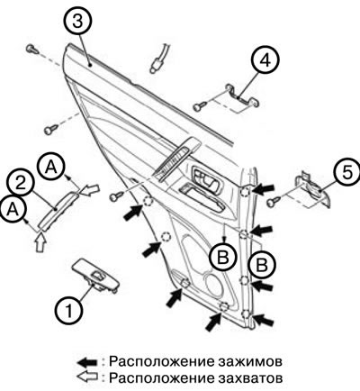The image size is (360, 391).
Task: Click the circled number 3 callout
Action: coord(78,22)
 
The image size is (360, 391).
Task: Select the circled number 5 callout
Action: coord(346,172)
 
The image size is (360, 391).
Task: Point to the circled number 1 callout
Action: coord(69,311)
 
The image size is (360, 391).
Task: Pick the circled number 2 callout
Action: coord(21,184)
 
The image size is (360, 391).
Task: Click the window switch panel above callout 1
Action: coord(95,276)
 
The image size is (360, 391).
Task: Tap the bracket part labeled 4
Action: coord(242,95)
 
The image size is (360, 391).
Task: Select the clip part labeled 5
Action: coord(313,189)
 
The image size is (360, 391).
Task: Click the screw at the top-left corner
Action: coord(32,49)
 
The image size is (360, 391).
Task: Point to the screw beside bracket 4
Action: coord(200,106)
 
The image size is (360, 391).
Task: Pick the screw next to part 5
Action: coord(274,201)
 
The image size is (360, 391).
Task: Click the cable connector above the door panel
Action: coord(159,59)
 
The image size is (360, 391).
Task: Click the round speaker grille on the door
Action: coord(216,283)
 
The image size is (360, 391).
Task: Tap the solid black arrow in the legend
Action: coord(87,362)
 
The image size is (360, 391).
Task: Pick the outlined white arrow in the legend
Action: coord(87,377)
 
